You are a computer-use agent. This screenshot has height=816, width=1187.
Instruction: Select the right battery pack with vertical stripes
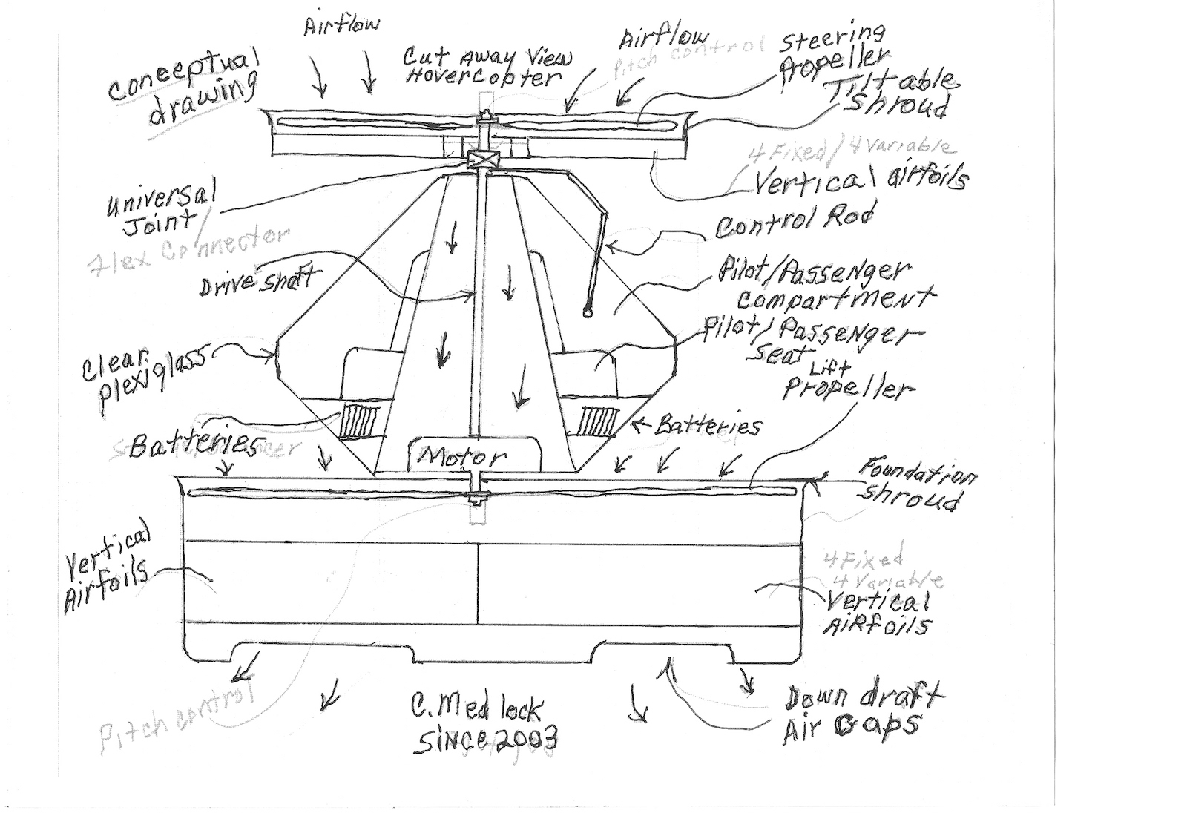(x=600, y=421)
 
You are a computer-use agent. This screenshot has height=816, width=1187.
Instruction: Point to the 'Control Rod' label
(x=793, y=220)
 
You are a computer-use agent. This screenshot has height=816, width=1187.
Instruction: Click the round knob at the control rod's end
(x=588, y=312)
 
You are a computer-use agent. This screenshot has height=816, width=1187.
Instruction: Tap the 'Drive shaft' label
(x=256, y=282)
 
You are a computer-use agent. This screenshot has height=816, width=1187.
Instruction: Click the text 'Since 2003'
(x=486, y=738)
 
